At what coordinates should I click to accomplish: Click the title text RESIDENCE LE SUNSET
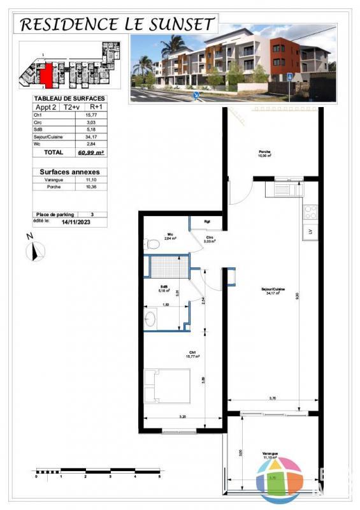(x=116, y=24)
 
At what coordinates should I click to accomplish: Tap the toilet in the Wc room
(x=151, y=244)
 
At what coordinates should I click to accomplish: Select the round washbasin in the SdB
(x=151, y=318)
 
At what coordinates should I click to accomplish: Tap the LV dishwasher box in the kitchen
(x=310, y=231)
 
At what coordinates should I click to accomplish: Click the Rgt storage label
(x=207, y=222)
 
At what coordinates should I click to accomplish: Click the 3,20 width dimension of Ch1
(x=182, y=416)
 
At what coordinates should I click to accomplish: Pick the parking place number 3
(x=92, y=215)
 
